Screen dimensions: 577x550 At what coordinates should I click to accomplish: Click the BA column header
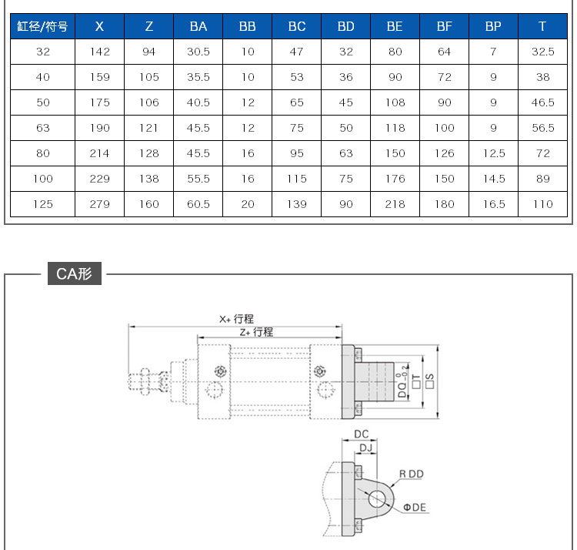pyautogui.click(x=198, y=26)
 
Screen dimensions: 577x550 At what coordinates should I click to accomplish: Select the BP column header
pyautogui.click(x=493, y=26)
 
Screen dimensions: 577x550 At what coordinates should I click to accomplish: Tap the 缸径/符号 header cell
pyautogui.click(x=42, y=26)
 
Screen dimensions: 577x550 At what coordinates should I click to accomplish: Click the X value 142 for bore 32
pyautogui.click(x=100, y=52)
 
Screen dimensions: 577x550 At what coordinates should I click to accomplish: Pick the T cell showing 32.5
pyautogui.click(x=543, y=52)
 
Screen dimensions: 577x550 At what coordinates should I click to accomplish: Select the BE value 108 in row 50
pyautogui.click(x=395, y=102)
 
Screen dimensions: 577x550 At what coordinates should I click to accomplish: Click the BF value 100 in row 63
pyautogui.click(x=445, y=128)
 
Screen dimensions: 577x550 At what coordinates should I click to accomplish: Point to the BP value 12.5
pyautogui.click(x=494, y=153)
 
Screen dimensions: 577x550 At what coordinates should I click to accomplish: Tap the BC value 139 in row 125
pyautogui.click(x=297, y=204)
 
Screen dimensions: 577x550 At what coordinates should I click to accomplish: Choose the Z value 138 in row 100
pyautogui.click(x=149, y=179)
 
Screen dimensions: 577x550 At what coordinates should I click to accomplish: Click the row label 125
pyautogui.click(x=42, y=204)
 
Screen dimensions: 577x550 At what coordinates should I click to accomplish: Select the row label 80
pyautogui.click(x=42, y=153)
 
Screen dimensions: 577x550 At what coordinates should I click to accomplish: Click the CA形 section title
pyautogui.click(x=75, y=273)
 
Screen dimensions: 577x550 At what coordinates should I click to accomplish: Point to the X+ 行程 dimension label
pyautogui.click(x=236, y=319)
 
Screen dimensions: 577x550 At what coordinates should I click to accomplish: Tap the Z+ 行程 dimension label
pyautogui.click(x=256, y=332)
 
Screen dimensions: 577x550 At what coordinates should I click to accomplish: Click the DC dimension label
pyautogui.click(x=361, y=434)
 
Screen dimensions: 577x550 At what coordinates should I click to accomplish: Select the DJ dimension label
pyautogui.click(x=365, y=448)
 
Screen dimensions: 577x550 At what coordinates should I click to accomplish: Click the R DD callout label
pyautogui.click(x=412, y=474)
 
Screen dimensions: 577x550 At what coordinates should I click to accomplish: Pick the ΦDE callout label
pyautogui.click(x=415, y=508)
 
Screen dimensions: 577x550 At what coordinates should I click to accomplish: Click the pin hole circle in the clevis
pyautogui.click(x=376, y=499)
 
